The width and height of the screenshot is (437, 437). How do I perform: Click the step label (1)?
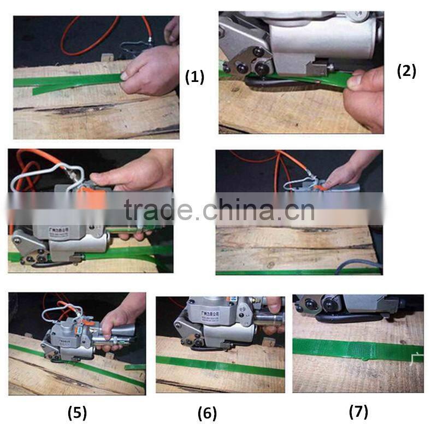pos(194,77)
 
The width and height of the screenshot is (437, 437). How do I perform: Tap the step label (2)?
pos(406,70)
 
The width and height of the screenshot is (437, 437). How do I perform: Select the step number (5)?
pos(77,412)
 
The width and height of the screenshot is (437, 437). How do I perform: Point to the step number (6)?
pos(207,414)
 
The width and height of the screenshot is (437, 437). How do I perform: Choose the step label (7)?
pos(358,411)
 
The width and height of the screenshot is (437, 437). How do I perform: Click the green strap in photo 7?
pos(355,350)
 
